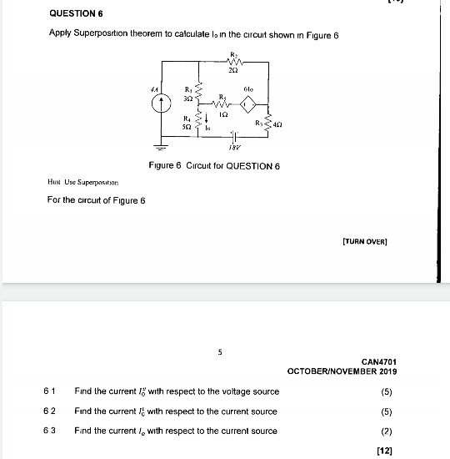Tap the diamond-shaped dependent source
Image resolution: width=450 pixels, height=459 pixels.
point(247,105)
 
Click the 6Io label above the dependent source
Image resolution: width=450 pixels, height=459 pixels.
point(248,87)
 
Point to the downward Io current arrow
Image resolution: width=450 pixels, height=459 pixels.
point(200,123)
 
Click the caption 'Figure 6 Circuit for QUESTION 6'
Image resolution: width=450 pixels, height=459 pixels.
point(226,166)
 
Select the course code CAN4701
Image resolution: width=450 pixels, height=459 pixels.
point(379,361)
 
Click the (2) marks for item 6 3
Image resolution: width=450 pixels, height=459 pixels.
point(386,431)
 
